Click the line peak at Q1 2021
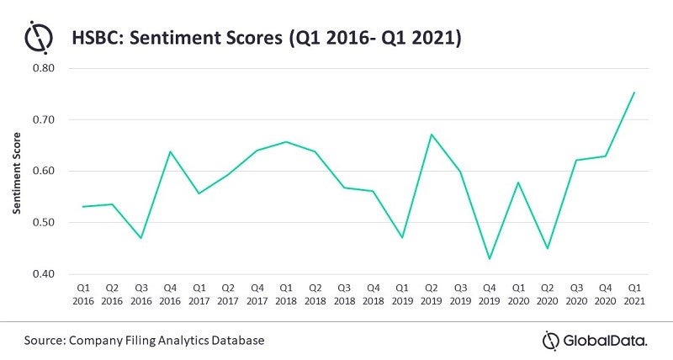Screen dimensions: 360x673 point(633,93)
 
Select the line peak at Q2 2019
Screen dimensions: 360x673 point(431,135)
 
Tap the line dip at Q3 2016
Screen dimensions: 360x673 point(140,239)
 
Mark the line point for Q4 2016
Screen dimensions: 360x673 point(171,151)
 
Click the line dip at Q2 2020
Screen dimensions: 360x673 point(547,248)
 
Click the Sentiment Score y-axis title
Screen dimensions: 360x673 point(17,171)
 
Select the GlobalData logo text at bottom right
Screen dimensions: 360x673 point(604,340)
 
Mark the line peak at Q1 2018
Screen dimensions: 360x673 point(286,141)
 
